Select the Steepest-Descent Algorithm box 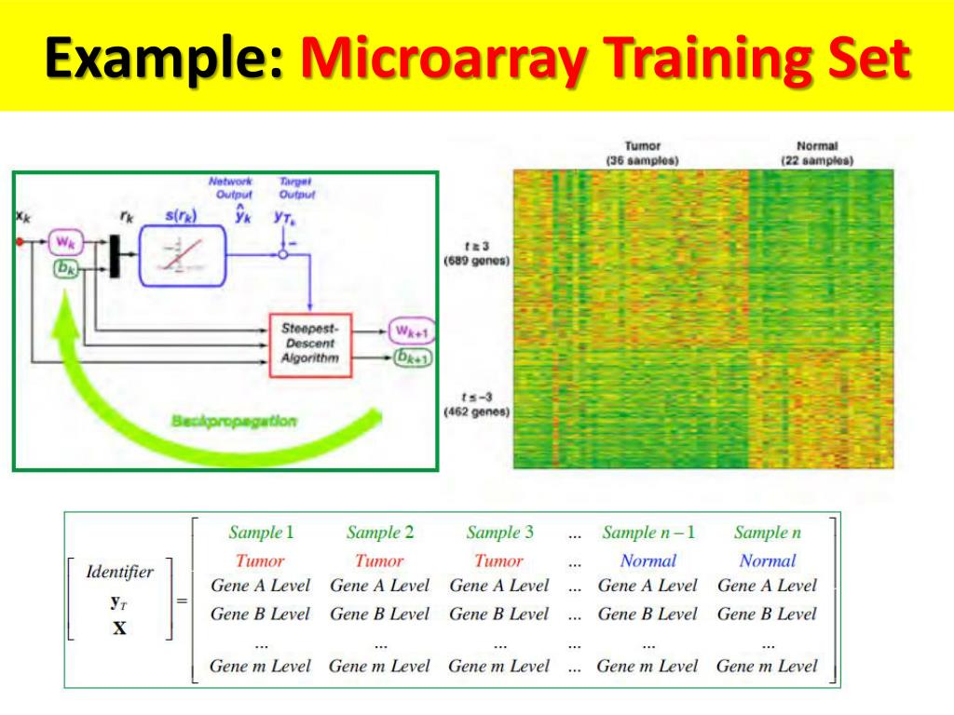[x=310, y=343]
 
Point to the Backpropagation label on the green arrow [x=234, y=421]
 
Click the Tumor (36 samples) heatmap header [x=642, y=154]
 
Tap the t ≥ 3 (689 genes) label [x=476, y=253]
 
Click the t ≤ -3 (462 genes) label [x=476, y=404]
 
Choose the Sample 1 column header [x=261, y=533]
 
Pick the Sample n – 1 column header [x=648, y=533]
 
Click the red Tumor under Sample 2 [x=379, y=560]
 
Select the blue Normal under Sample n [x=768, y=560]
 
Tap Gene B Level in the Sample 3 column [x=499, y=614]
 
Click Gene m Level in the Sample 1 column [x=260, y=666]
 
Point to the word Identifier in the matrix [x=120, y=572]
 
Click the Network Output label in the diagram [x=229, y=188]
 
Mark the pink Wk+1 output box [x=411, y=331]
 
